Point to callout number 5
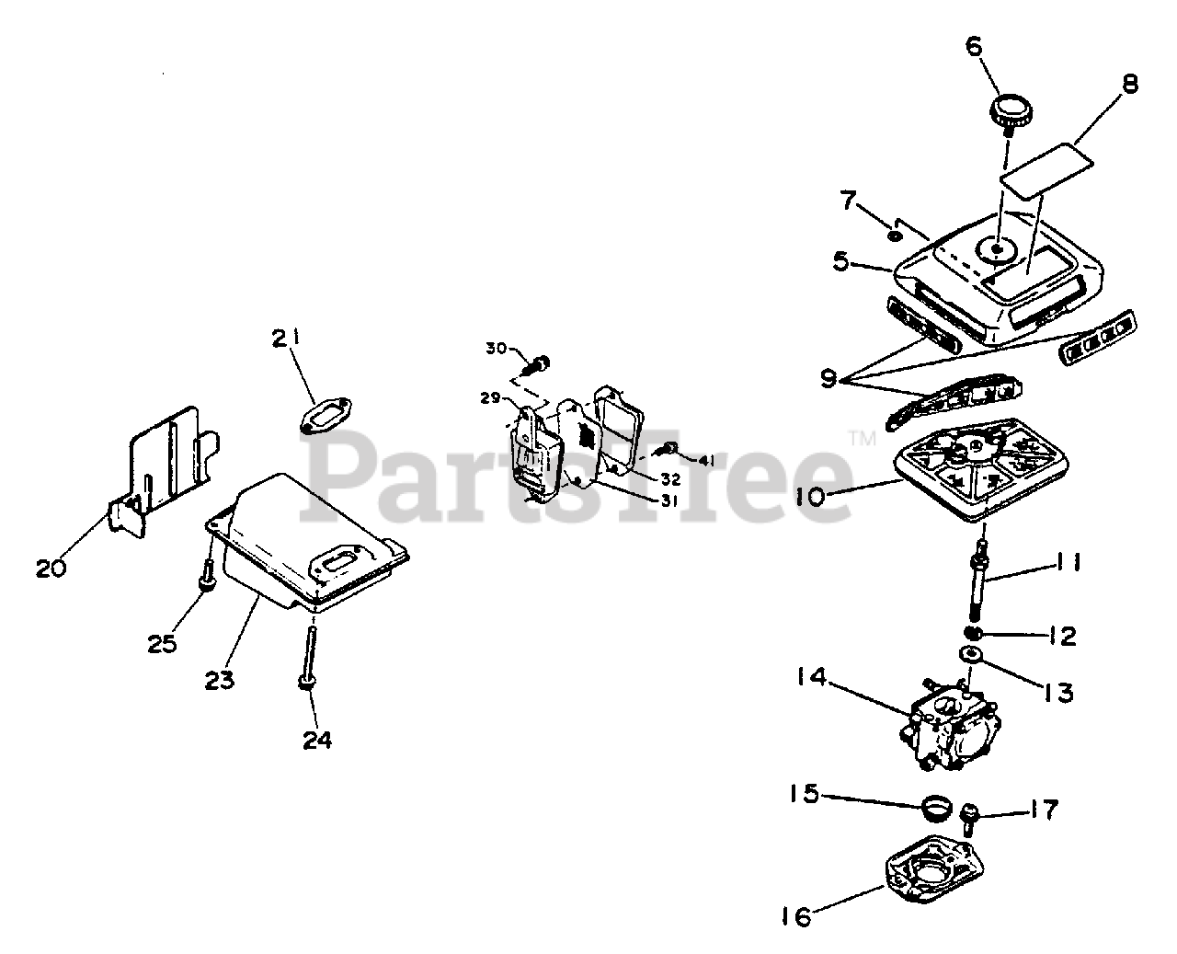(840, 261)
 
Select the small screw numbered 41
(670, 449)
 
